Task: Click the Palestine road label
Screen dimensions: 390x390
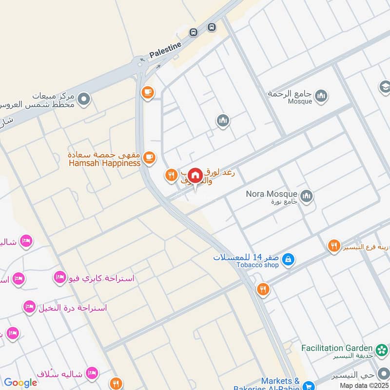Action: (165, 50)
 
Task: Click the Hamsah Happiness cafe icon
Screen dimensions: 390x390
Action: (149, 157)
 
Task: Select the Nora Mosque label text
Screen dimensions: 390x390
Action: (272, 194)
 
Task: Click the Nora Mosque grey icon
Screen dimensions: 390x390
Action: (306, 196)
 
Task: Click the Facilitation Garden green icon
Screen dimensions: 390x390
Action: (381, 349)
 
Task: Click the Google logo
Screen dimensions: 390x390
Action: (20, 383)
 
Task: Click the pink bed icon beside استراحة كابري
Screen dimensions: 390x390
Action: (60, 278)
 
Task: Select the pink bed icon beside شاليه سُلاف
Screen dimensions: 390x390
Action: (91, 374)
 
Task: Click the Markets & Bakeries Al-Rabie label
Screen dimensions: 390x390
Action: (280, 384)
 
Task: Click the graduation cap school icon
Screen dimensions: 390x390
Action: (385, 87)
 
